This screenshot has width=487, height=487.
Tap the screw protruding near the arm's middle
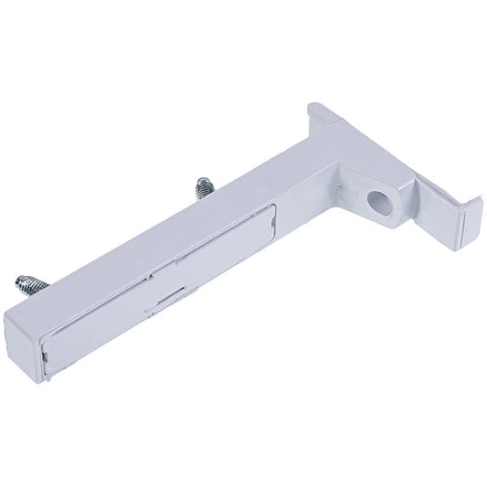(x=201, y=190)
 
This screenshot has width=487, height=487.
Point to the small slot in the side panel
(x=174, y=294)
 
